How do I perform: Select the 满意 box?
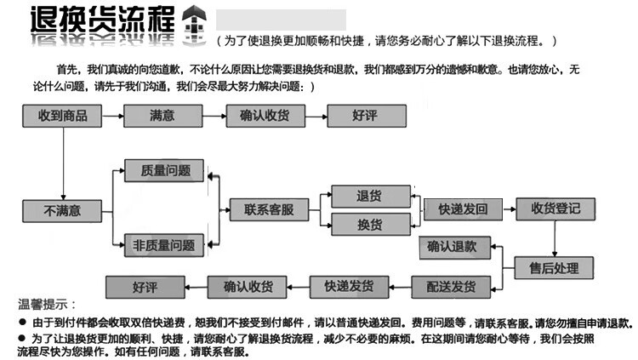click(x=162, y=116)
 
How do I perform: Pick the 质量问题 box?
click(x=164, y=170)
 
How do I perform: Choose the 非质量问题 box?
click(x=164, y=245)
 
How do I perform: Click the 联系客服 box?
click(x=268, y=209)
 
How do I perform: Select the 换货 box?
click(x=370, y=224)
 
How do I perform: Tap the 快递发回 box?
click(x=463, y=209)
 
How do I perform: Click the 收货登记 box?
click(x=555, y=209)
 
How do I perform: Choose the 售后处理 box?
click(x=555, y=268)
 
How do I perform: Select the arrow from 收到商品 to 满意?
click(x=110, y=116)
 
